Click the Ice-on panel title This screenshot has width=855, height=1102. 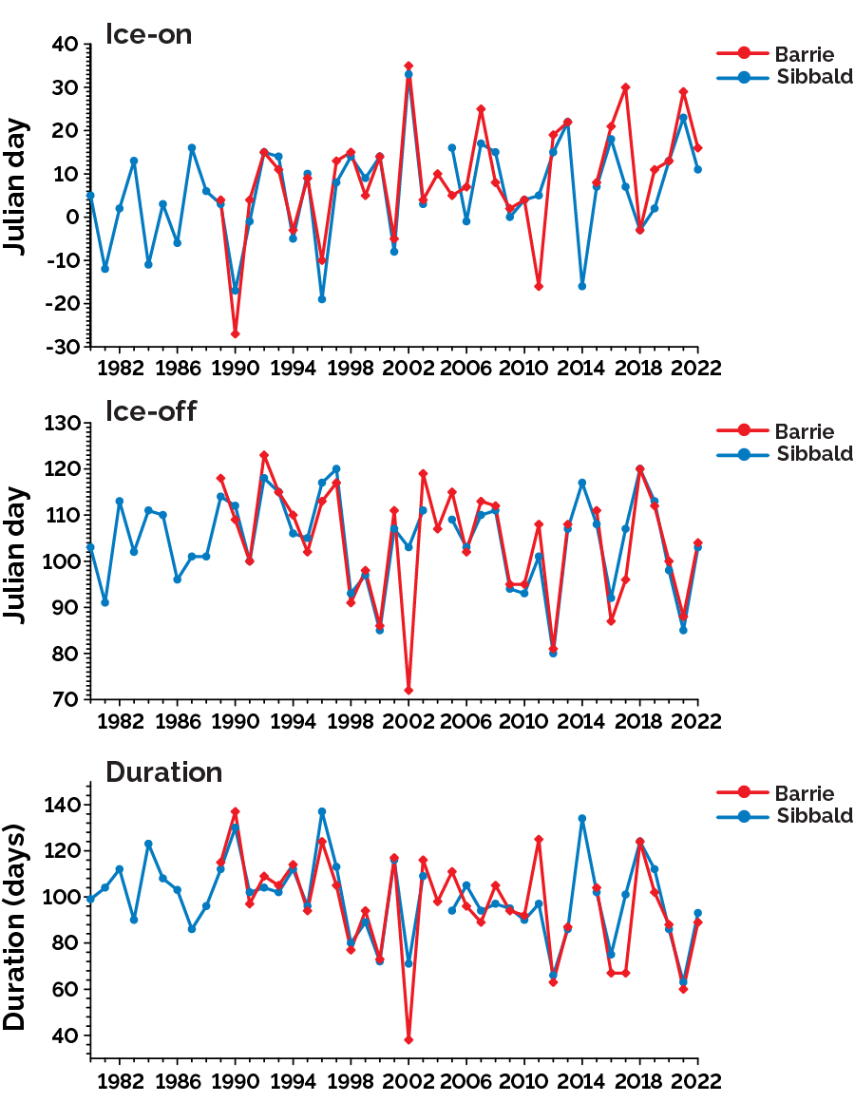click(x=149, y=35)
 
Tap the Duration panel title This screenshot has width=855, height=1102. click(x=164, y=771)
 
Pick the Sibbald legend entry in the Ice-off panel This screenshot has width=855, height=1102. click(x=814, y=453)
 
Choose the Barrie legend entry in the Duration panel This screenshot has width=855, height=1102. click(x=804, y=793)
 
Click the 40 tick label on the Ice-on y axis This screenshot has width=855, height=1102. click(x=66, y=44)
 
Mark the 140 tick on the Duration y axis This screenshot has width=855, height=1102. click(x=62, y=806)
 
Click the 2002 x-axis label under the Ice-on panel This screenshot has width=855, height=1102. click(x=408, y=368)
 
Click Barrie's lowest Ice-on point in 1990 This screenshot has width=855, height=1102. click(x=235, y=333)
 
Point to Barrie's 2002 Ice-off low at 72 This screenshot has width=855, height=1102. click(x=408, y=690)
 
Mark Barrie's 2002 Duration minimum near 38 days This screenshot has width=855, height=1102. click(x=408, y=1039)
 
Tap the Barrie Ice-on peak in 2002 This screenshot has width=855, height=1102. click(x=408, y=66)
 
